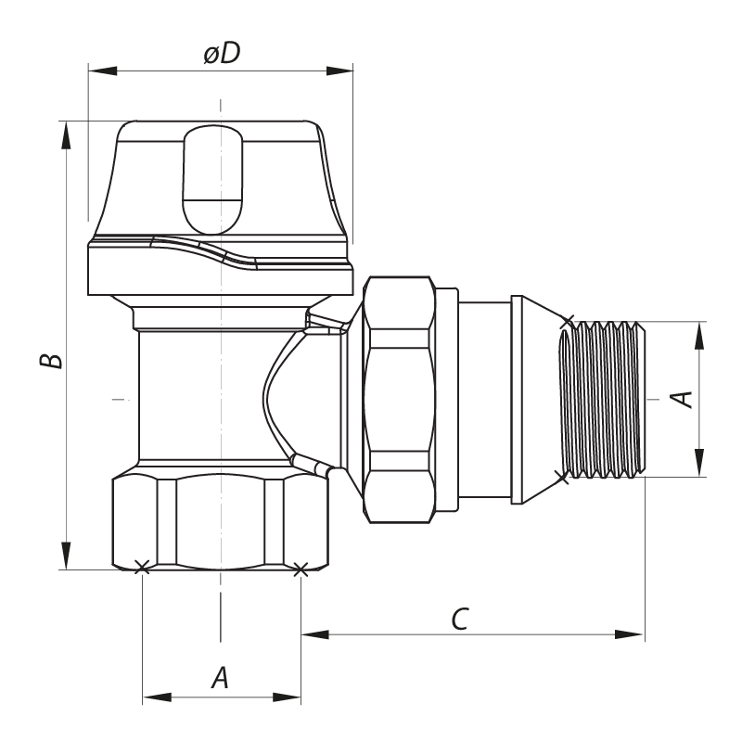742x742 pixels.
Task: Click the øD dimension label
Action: [221, 55]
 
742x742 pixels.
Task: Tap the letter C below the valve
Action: [458, 619]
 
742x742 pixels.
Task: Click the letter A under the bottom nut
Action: [220, 678]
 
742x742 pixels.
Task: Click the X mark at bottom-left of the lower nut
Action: [141, 568]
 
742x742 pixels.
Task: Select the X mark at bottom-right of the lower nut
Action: [299, 569]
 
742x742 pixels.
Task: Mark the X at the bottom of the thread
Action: [560, 476]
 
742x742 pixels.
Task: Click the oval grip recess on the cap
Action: [214, 180]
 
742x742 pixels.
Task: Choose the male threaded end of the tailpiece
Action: [601, 399]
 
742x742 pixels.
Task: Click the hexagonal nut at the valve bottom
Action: [220, 521]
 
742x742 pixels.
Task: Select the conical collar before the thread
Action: [533, 399]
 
